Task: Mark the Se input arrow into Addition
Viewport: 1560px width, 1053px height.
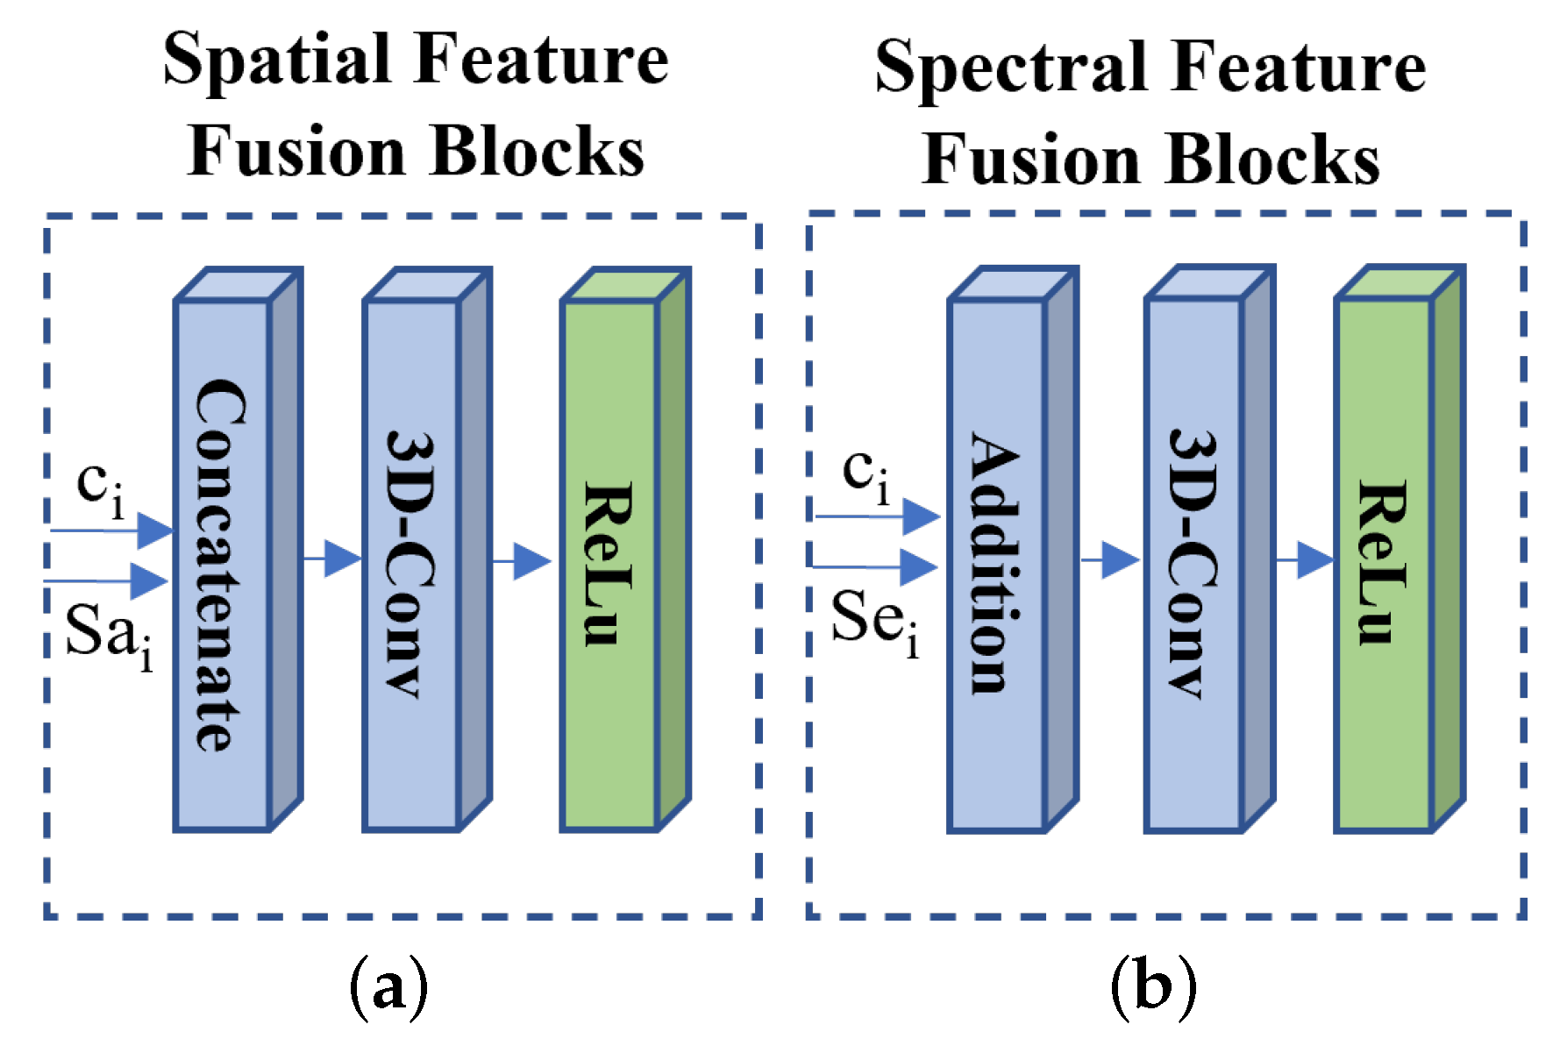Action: (877, 567)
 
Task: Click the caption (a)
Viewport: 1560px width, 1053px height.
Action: (388, 989)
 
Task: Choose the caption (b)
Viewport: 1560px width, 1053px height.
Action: (1153, 989)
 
